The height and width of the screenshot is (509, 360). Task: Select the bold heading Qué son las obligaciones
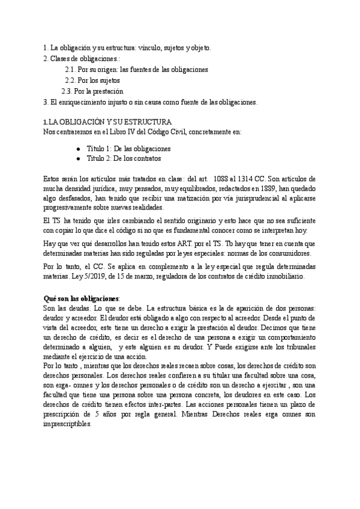(82, 298)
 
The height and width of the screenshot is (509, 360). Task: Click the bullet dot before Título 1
(79, 148)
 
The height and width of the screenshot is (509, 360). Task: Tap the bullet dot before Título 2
(79, 158)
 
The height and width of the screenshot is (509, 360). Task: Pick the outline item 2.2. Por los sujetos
(92, 80)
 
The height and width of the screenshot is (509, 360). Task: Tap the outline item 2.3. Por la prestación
(92, 91)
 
